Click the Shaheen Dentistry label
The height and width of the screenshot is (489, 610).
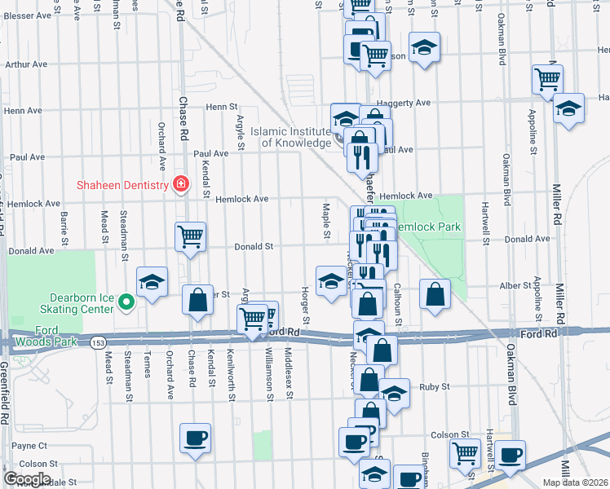coord(122,184)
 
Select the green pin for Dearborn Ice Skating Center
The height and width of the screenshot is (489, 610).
coord(125,303)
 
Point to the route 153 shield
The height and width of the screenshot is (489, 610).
coord(98,340)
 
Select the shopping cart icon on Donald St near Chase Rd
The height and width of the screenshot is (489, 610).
coord(190,237)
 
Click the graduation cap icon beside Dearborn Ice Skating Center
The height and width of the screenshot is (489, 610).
coord(152,282)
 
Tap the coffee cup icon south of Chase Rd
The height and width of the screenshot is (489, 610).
coord(196,438)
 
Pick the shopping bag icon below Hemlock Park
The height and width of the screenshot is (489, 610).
coord(435,294)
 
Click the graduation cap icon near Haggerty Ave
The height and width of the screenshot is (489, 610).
coord(568,108)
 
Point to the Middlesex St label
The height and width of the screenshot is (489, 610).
coord(289,374)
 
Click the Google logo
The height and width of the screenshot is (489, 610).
coord(27,479)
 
